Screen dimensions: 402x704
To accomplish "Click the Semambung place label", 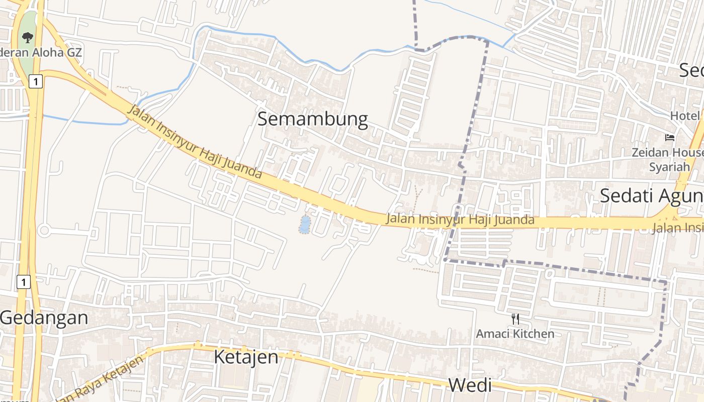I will point(312,120).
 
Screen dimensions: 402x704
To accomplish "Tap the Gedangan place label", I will point(44,318).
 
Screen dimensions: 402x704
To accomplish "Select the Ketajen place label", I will point(246,357).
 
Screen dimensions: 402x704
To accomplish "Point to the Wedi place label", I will point(470,385).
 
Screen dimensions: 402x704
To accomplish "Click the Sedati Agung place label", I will point(651,195).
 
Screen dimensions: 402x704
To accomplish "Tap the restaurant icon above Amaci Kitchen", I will point(515,319).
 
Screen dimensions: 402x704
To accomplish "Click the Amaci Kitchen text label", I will point(515,334).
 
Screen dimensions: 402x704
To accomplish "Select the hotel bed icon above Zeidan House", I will point(669,137).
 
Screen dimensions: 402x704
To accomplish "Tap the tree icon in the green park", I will point(28,37).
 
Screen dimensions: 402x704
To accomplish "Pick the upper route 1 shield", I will point(35,81).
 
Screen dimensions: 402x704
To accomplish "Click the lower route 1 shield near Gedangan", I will point(23,282).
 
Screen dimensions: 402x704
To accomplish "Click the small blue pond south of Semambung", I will point(304,225).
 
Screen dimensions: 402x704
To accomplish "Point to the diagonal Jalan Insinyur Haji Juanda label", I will point(195,142).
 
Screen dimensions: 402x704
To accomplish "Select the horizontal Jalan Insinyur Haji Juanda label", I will point(460,220).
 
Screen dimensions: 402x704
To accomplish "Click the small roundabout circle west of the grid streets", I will point(44,231).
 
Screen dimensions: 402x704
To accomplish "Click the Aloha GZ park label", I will point(40,52).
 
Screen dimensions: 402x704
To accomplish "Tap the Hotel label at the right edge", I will point(684,116).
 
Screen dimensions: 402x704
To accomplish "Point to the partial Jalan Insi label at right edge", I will point(677,228).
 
